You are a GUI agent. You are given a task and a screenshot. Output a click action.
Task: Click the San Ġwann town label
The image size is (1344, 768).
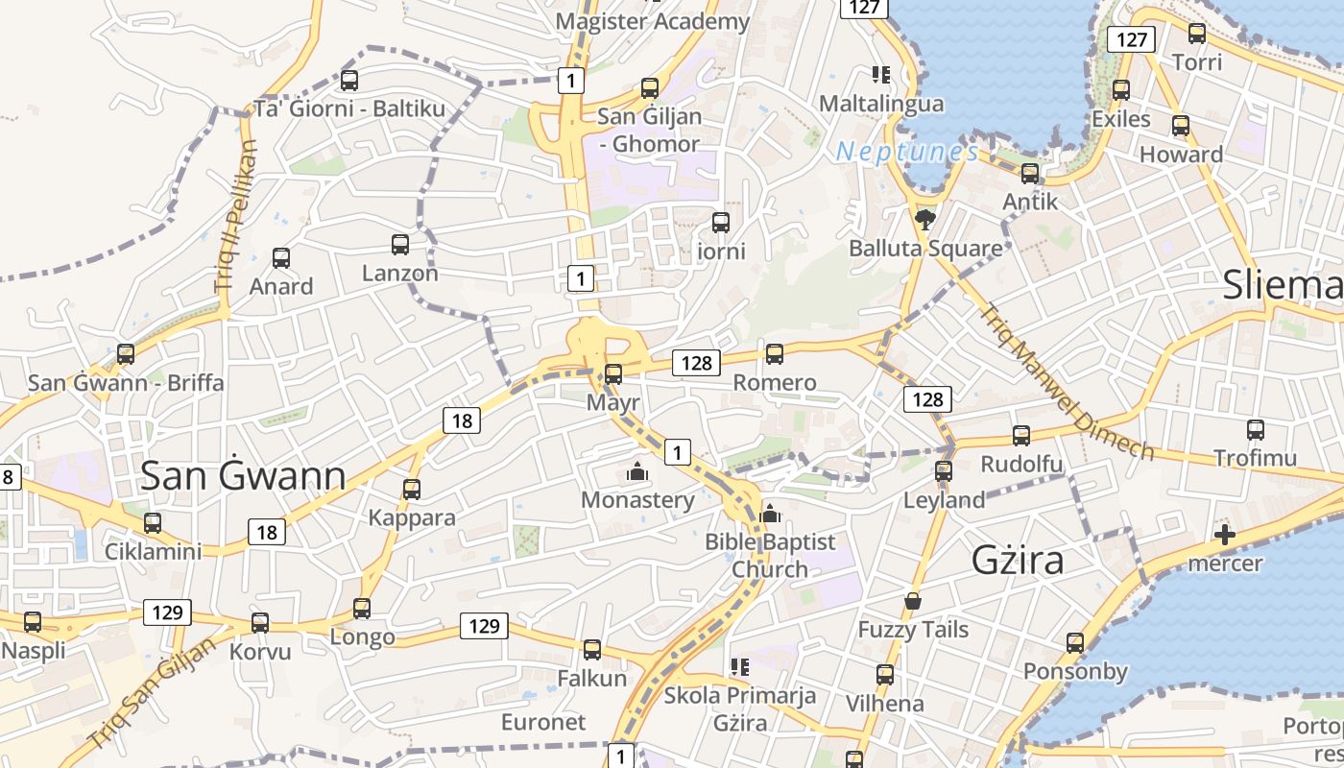pos(243,476)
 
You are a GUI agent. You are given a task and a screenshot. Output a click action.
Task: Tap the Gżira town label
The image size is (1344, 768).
pos(1018,560)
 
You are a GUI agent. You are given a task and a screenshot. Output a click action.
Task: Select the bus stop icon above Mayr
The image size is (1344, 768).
pos(613,373)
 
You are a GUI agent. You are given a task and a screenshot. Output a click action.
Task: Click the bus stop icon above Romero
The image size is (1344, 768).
pos(775,353)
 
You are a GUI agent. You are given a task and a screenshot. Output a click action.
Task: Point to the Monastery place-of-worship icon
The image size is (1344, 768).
pos(636,471)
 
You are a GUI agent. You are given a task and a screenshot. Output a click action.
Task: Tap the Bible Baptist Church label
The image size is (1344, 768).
pos(770,556)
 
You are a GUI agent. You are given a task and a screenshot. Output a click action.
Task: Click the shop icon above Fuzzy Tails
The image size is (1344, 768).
pos(913,602)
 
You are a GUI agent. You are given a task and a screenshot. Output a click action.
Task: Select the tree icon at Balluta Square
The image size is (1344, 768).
pos(925,221)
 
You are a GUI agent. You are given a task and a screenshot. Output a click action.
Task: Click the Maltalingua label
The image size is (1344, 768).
pos(881,103)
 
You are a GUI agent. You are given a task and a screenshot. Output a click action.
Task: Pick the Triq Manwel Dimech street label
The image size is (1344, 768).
pos(1066,382)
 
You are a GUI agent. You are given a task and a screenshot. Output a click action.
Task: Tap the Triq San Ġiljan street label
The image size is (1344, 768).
pos(152,693)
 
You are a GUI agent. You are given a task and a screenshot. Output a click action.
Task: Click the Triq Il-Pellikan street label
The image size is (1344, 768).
pos(234,216)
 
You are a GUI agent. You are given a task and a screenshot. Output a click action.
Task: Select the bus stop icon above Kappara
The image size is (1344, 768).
pos(412,490)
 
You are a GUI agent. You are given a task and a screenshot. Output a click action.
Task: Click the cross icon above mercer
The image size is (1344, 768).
pos(1224,535)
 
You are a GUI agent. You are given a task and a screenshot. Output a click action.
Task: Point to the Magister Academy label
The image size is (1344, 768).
pos(653,21)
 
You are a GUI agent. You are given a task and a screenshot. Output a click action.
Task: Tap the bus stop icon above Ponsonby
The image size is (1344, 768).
pos(1075,643)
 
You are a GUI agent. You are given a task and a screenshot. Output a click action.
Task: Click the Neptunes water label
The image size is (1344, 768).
pos(907,152)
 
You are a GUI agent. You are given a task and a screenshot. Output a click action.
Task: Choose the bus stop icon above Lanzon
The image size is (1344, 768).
pos(400,245)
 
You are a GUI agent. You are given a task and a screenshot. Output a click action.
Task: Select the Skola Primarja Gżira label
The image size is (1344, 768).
pos(740,708)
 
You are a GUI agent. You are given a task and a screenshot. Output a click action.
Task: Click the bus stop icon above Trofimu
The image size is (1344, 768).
pos(1255,430)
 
